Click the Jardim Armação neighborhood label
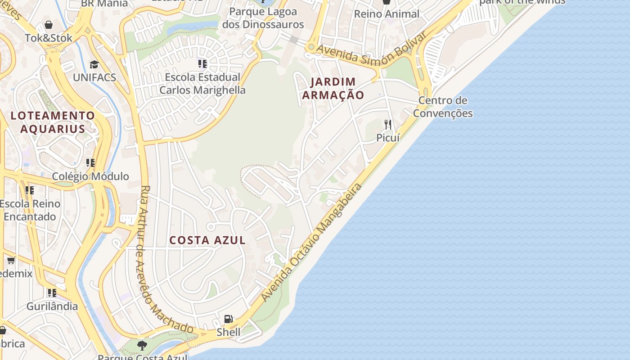click(333, 89)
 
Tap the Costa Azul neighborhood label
click(207, 240)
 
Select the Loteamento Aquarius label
click(53, 122)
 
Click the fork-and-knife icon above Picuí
click(387, 124)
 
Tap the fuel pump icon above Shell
click(229, 319)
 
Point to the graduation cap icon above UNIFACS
click(94, 64)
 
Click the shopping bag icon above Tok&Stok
click(48, 25)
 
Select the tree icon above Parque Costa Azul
click(142, 346)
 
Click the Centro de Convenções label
click(443, 107)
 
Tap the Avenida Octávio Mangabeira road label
click(311, 243)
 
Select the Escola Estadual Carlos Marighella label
click(202, 84)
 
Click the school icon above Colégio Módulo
click(90, 162)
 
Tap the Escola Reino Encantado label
click(30, 210)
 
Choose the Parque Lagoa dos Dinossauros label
click(263, 18)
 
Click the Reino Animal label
click(387, 14)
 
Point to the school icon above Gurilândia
click(52, 293)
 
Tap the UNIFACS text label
click(94, 77)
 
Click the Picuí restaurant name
click(388, 138)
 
